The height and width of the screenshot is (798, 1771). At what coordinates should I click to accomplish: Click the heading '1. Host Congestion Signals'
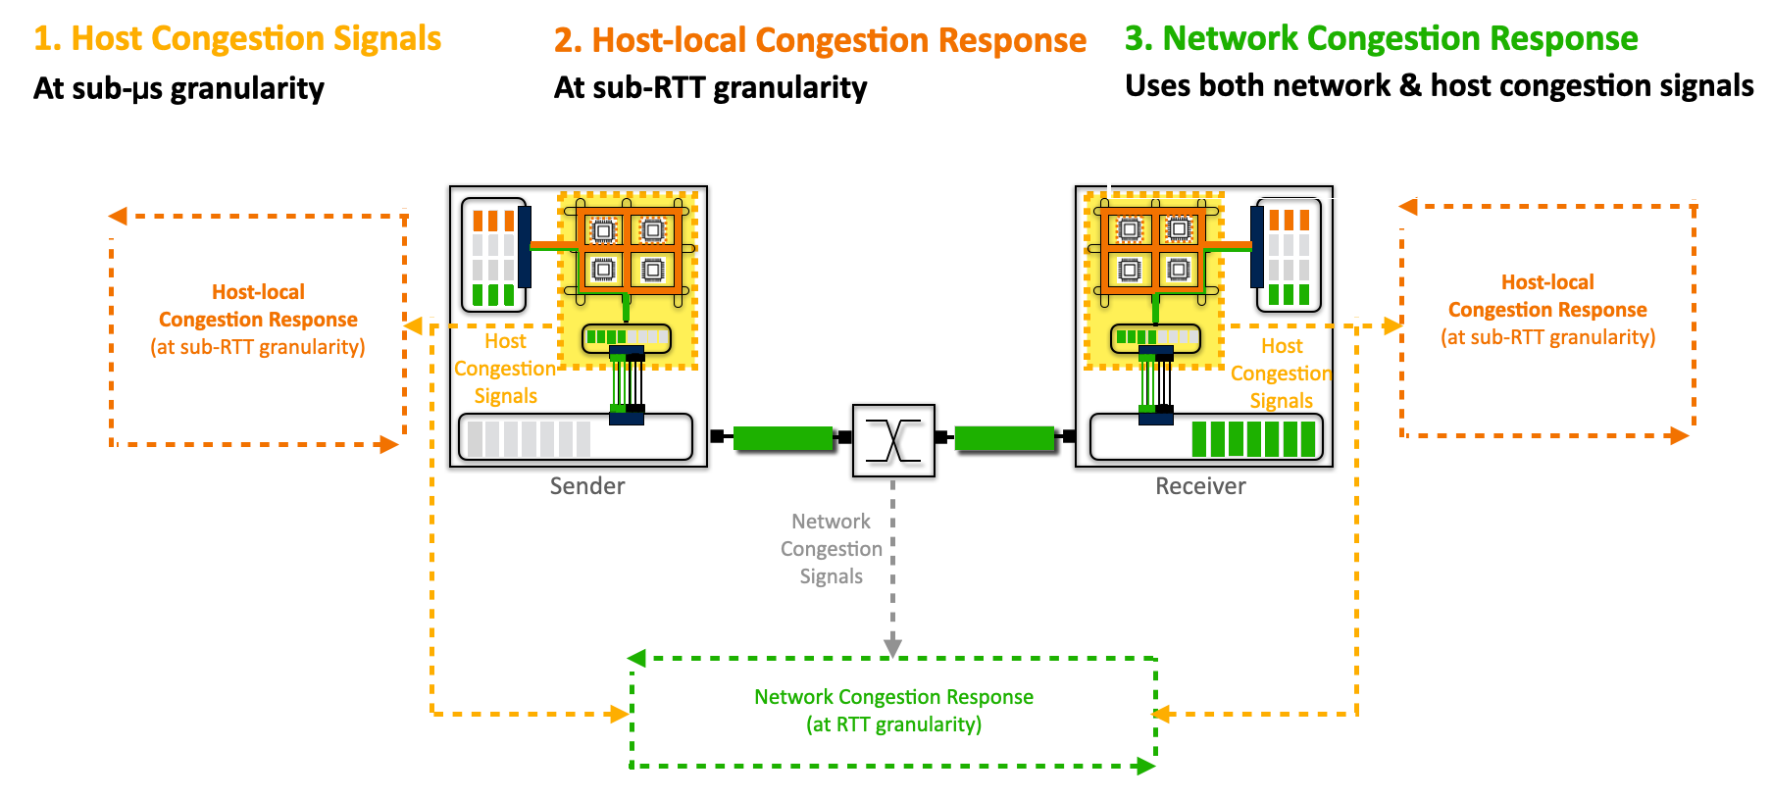pos(237,38)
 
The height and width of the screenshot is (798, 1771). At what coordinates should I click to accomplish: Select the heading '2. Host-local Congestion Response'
pos(820,40)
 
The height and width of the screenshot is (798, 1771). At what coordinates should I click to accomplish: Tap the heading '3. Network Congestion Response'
pos(1381,38)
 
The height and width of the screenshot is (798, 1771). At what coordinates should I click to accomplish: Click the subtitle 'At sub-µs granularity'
pos(178,88)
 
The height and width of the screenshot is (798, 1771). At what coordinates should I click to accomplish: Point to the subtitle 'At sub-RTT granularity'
pos(710,87)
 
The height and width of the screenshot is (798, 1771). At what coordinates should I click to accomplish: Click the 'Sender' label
pos(586,486)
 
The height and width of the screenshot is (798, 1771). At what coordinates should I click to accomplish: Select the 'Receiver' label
pos(1200,486)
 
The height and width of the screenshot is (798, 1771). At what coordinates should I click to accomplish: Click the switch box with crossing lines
pos(893,440)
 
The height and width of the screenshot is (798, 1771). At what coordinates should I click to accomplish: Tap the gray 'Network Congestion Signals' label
pos(831,549)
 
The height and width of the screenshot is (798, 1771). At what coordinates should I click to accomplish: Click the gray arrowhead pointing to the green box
pos(892,647)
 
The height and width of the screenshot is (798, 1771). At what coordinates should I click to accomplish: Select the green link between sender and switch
pos(783,438)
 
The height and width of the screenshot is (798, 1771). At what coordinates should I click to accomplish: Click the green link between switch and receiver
pos(1004,438)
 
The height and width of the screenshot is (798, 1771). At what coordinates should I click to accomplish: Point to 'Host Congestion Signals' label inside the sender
pos(505,369)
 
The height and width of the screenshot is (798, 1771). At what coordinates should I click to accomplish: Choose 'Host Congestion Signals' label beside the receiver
pos(1281,374)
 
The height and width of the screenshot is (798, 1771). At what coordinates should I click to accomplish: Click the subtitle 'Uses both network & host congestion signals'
pos(1439,86)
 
